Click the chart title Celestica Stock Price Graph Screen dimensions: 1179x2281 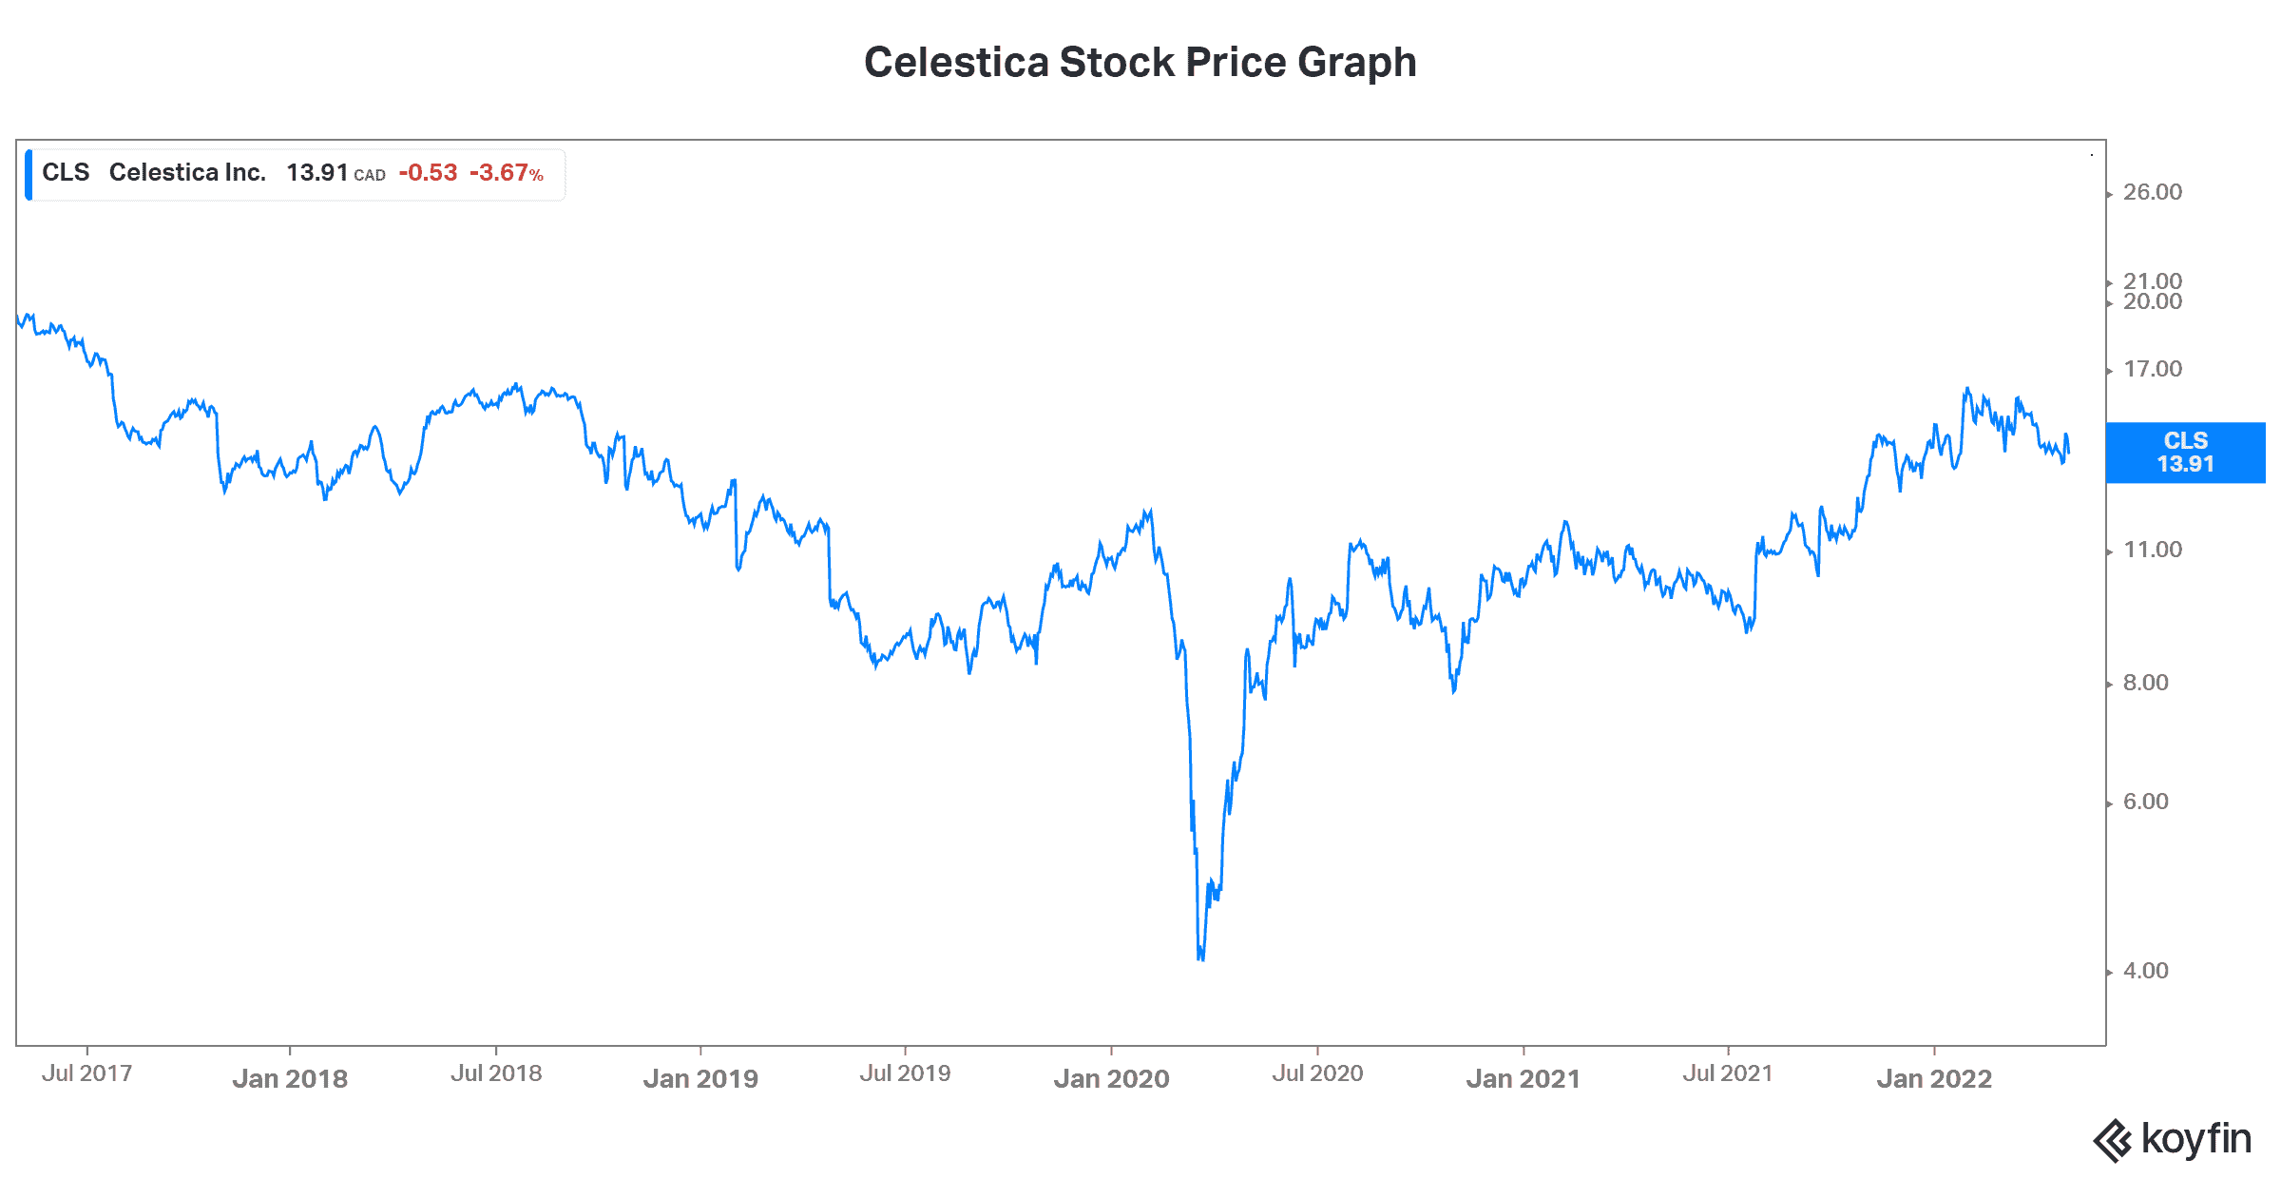point(1140,63)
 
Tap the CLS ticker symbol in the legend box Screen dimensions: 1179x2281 point(66,172)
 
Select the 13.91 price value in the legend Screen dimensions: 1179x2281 point(317,172)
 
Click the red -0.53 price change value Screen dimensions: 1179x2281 point(428,172)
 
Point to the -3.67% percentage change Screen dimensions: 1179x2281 point(507,172)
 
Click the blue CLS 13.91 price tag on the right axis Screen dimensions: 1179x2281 point(2185,453)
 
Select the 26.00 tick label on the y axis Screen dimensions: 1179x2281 point(2153,192)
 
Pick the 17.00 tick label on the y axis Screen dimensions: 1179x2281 point(2153,369)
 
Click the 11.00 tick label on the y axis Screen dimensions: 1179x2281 point(2153,550)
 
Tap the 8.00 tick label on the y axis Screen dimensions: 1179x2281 point(2146,683)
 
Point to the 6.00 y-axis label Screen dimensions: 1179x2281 point(2146,802)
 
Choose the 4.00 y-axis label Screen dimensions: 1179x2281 point(2146,971)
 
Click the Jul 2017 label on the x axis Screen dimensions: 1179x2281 point(86,1073)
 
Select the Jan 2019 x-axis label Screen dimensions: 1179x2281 point(700,1079)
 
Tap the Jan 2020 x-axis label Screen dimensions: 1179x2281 point(1111,1079)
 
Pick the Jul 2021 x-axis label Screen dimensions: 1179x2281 point(1728,1073)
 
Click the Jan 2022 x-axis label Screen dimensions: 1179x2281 point(1934,1079)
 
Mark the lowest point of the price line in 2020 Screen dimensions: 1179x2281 point(1201,958)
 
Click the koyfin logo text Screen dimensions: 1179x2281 point(2195,1139)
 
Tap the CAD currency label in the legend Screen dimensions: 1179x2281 point(370,175)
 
